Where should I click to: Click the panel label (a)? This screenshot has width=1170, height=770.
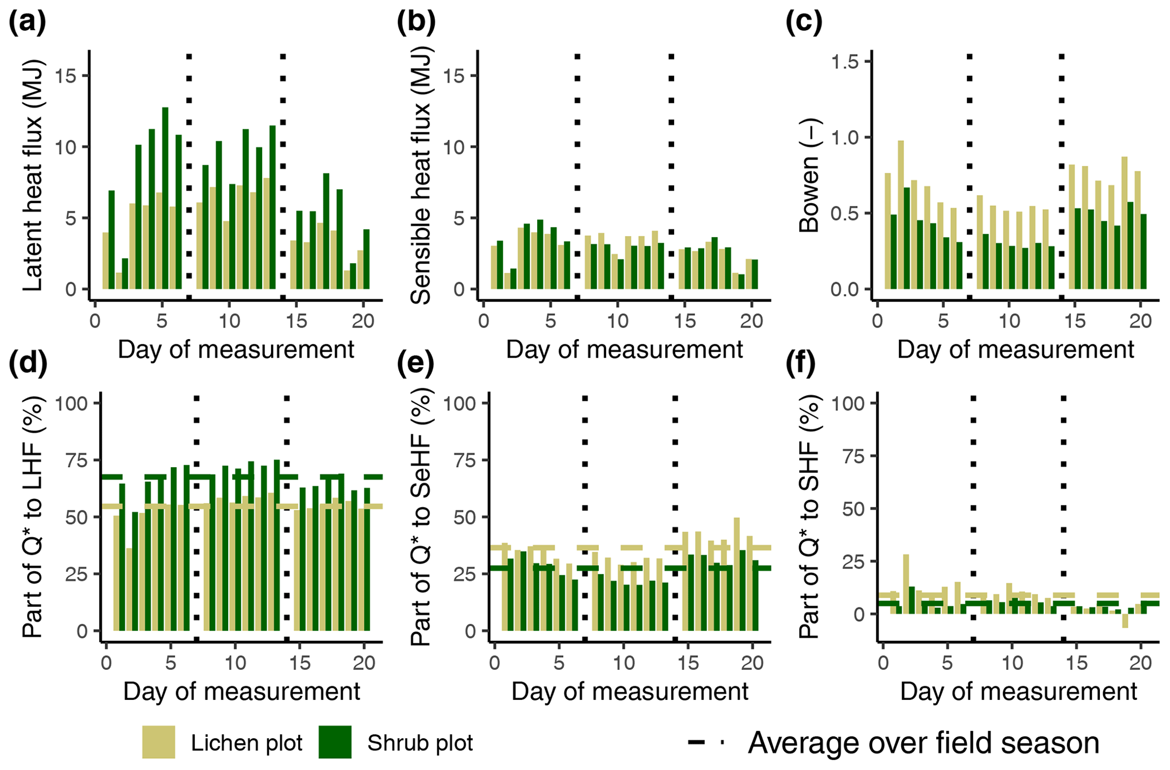(x=27, y=23)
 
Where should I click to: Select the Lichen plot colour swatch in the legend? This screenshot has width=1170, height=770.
(x=158, y=742)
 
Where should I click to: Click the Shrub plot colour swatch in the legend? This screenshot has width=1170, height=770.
(x=335, y=742)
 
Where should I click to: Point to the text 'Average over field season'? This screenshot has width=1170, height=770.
(x=923, y=743)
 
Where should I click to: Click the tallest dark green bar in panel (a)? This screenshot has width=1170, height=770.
(x=165, y=198)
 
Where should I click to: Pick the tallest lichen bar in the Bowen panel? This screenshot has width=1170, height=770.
(x=901, y=215)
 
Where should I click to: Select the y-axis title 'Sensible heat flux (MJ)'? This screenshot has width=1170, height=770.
(x=420, y=176)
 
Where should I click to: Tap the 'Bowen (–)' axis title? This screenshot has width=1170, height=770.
(x=809, y=176)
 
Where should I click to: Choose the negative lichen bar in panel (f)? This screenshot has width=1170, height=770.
(x=1125, y=621)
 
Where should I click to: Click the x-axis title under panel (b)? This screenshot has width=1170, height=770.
(x=624, y=350)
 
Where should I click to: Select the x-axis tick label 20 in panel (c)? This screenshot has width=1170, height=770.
(x=1141, y=322)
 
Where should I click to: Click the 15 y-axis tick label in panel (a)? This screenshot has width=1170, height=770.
(x=66, y=76)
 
